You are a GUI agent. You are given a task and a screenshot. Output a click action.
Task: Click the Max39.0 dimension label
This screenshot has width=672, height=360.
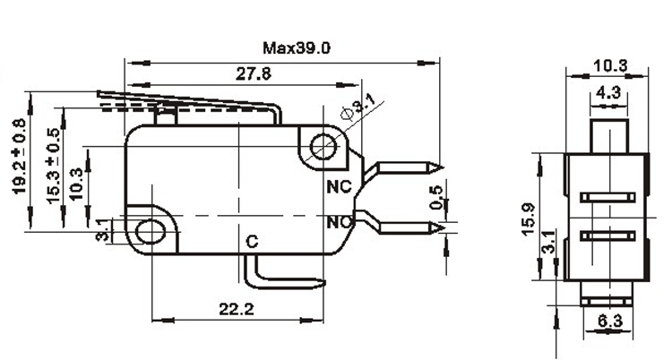pyautogui.click(x=297, y=47)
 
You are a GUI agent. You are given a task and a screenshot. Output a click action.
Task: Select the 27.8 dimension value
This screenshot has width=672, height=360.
pyautogui.click(x=254, y=73)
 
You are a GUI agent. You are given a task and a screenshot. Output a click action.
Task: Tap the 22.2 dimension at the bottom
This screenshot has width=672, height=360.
pyautogui.click(x=237, y=309)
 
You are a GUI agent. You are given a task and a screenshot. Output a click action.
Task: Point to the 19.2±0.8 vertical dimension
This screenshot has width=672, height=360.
pyautogui.click(x=20, y=156)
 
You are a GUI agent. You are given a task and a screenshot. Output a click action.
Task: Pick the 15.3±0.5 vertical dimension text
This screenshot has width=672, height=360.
pyautogui.click(x=53, y=166)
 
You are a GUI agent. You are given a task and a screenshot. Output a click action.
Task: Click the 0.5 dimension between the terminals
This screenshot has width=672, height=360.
pyautogui.click(x=436, y=197)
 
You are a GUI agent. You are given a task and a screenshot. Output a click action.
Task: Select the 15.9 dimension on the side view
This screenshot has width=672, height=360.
pyautogui.click(x=529, y=219)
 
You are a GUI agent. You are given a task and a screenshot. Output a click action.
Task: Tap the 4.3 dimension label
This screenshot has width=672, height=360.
pyautogui.click(x=608, y=92)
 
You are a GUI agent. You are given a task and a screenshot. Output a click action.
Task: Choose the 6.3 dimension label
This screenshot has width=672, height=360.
pyautogui.click(x=609, y=320)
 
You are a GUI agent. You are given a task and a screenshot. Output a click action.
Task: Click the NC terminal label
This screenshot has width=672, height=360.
pyautogui.click(x=339, y=187)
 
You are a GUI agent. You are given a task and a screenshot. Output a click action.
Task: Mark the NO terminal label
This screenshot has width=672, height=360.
pyautogui.click(x=339, y=222)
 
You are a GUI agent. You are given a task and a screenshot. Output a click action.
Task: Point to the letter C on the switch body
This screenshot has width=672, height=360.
pyautogui.click(x=253, y=242)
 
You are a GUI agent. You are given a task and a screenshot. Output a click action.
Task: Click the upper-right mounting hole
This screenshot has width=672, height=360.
pyautogui.click(x=323, y=147)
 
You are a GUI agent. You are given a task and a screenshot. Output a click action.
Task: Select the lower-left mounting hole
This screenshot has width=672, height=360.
pyautogui.click(x=150, y=232)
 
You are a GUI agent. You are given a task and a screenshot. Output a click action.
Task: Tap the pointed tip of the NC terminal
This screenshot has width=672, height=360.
pyautogui.click(x=443, y=167)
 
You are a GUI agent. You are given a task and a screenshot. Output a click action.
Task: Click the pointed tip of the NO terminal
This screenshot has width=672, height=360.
pyautogui.click(x=444, y=228)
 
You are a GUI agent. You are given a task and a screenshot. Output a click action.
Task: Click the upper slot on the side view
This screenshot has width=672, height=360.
pyautogui.click(x=607, y=198)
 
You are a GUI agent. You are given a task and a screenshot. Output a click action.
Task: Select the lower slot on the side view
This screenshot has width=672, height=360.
pyautogui.click(x=607, y=236)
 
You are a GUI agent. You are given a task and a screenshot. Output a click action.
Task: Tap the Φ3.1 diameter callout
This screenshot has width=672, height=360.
pyautogui.click(x=358, y=108)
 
